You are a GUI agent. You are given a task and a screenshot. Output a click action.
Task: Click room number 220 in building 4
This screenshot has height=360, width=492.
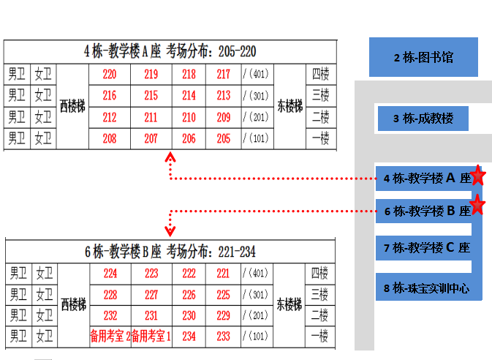[110, 75]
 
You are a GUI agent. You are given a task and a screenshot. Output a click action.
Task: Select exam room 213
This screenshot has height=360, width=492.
[224, 96]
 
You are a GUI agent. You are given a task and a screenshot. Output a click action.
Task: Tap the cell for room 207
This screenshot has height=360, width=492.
[151, 138]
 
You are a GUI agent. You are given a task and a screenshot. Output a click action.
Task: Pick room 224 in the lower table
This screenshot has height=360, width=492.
[110, 274]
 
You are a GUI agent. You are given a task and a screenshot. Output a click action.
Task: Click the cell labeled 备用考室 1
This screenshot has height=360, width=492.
[151, 337]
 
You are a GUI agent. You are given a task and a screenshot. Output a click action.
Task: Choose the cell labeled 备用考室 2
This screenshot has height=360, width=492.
[110, 337]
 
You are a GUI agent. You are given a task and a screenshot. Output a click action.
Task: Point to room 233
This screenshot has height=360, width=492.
[223, 337]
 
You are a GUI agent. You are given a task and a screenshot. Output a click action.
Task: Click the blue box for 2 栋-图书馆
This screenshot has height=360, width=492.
[423, 57]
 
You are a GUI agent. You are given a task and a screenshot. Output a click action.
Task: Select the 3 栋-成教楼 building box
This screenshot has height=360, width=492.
[423, 119]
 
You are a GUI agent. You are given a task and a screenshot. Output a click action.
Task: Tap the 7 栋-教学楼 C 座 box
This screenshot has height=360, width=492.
[423, 248]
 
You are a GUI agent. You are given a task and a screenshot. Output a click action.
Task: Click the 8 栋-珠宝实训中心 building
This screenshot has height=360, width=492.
[428, 288]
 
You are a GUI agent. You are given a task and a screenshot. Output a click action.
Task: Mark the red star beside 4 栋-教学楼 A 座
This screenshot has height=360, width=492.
[477, 176]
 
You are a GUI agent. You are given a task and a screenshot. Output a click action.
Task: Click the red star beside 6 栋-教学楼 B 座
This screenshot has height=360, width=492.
[477, 204]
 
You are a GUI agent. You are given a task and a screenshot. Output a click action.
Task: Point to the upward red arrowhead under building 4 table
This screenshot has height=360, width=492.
[170, 157]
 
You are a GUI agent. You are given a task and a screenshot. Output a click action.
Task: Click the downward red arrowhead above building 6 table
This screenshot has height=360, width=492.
[170, 231]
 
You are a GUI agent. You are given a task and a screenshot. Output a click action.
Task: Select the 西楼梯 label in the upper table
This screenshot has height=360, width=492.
[72, 107]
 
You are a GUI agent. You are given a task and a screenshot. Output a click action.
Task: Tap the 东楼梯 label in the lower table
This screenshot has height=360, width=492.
[289, 304]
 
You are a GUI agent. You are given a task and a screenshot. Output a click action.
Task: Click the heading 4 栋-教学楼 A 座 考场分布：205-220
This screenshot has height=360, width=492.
[170, 51]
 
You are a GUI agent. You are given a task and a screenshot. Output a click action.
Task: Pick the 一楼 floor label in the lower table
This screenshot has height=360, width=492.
[319, 337]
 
